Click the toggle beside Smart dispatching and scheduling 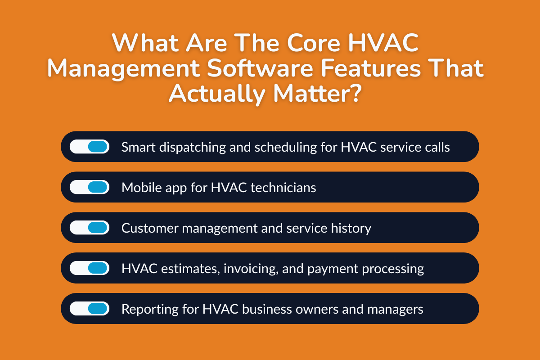[x=90, y=147]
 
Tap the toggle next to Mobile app [x=90, y=187]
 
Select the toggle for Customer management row [x=90, y=228]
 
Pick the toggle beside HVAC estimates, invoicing [x=90, y=268]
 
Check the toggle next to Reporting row [x=90, y=309]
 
